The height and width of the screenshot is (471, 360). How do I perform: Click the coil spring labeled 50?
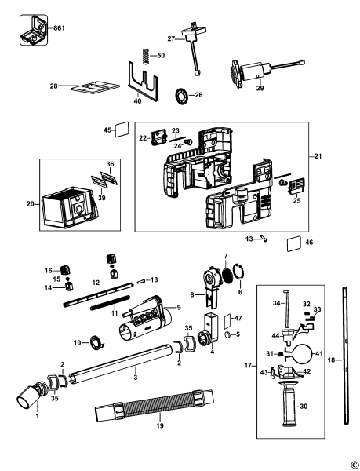(145, 58)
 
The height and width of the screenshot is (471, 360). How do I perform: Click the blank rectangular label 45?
(122, 130)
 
